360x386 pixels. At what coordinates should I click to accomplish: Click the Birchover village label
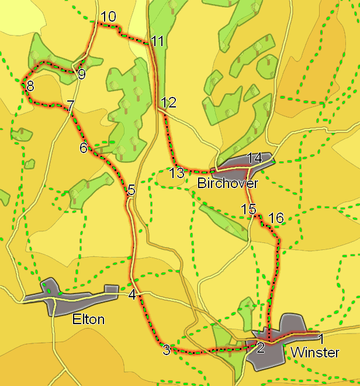[x=227, y=184]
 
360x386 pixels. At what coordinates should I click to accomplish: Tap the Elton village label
[x=88, y=319]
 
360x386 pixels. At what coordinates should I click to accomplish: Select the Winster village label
[x=315, y=353]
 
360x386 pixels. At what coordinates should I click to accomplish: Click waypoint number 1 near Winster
[x=320, y=338]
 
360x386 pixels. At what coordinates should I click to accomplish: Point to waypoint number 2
[x=261, y=348]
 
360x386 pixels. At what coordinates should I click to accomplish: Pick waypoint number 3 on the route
[x=167, y=350]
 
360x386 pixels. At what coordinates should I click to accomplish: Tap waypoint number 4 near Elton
[x=133, y=295]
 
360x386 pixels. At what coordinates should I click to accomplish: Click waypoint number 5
[x=131, y=190]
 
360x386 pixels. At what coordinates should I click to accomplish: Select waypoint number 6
[x=84, y=148]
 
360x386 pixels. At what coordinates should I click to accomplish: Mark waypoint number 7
[x=70, y=106]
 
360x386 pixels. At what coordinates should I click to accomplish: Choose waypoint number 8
[x=30, y=86]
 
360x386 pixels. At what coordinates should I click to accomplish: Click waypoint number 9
[x=81, y=74]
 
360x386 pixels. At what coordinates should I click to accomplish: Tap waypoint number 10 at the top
[x=108, y=17]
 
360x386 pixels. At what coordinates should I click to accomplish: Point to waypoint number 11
[x=157, y=41]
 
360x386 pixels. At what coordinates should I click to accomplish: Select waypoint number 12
[x=168, y=103]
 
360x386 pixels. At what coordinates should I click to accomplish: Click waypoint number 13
[x=176, y=173]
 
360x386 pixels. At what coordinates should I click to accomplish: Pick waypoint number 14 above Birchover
[x=255, y=158]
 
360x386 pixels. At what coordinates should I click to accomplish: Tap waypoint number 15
[x=248, y=208]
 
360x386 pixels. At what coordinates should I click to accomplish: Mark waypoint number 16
[x=275, y=218]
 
